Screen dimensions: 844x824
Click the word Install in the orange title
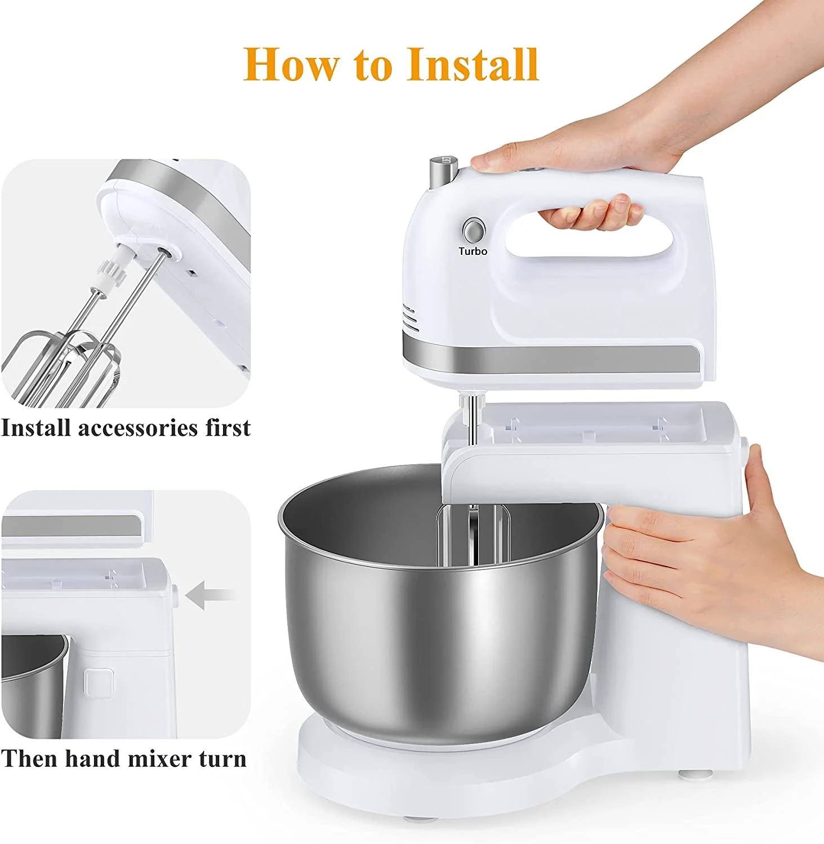click(473, 65)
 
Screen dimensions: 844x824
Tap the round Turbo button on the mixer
click(474, 231)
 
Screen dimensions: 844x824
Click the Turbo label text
click(473, 252)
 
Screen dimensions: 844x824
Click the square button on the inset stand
click(98, 681)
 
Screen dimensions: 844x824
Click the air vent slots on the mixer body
click(411, 318)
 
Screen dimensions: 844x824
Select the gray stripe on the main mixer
click(552, 359)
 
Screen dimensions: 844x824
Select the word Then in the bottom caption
click(29, 759)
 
